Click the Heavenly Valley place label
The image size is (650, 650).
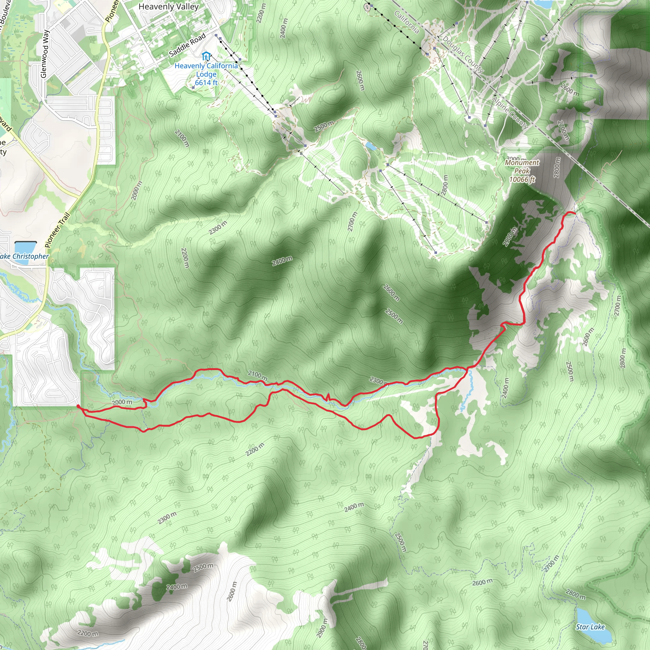click(x=169, y=7)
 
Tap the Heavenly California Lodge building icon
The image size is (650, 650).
click(x=206, y=56)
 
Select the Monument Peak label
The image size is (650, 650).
click(x=522, y=167)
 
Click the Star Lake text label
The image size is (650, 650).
click(x=590, y=627)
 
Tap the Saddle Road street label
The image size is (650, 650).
click(x=187, y=45)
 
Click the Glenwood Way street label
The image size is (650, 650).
click(x=44, y=54)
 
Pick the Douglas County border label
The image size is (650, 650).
click(x=463, y=54)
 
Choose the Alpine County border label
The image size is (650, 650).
click(x=510, y=113)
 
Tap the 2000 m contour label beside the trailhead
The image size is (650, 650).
click(x=122, y=402)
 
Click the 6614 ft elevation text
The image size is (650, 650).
click(x=206, y=83)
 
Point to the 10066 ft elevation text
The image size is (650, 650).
click(x=522, y=179)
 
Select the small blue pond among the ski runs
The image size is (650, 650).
click(x=371, y=146)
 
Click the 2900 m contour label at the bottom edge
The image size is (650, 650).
click(x=322, y=628)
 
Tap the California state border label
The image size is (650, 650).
click(x=407, y=22)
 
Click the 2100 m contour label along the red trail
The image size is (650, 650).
click(x=257, y=375)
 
